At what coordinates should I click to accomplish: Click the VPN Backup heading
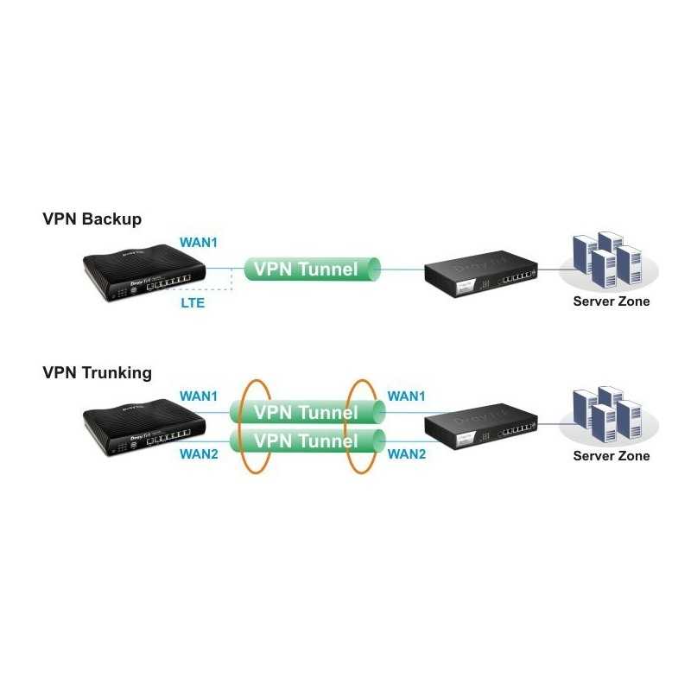[x=92, y=219]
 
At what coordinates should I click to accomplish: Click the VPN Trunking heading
[x=97, y=373]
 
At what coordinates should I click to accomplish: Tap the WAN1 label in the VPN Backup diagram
[x=198, y=242]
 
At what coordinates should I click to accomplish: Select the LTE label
[x=193, y=303]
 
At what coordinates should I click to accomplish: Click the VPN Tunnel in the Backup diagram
[x=313, y=269]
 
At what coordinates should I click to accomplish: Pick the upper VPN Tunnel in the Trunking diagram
[x=306, y=412]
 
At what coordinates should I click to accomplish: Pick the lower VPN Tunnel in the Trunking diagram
[x=306, y=441]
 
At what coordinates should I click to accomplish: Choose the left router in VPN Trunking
[x=143, y=430]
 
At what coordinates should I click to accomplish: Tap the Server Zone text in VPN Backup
[x=612, y=301]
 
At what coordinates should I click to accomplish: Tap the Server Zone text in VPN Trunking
[x=612, y=455]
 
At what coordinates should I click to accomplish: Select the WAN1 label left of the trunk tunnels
[x=198, y=396]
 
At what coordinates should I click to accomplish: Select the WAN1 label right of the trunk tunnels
[x=407, y=396]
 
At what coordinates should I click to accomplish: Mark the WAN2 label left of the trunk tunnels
[x=198, y=453]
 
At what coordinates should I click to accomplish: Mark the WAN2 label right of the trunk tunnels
[x=407, y=453]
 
